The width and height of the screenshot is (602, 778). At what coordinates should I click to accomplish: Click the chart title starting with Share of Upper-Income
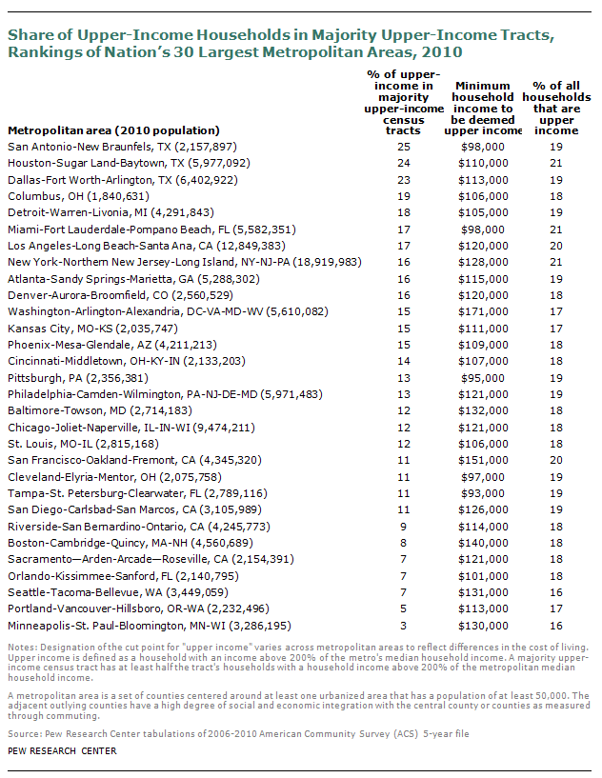pyautogui.click(x=281, y=44)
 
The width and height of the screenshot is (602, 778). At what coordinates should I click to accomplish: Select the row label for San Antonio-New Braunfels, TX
pyautogui.click(x=123, y=147)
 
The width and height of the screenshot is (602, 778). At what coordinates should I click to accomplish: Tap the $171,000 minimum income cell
pyautogui.click(x=483, y=311)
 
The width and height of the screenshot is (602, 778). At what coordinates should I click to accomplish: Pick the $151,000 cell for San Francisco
pyautogui.click(x=483, y=460)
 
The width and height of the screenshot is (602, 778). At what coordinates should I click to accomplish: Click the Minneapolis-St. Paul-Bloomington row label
pyautogui.click(x=150, y=626)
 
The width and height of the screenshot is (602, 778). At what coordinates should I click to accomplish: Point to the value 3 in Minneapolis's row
pyautogui.click(x=404, y=626)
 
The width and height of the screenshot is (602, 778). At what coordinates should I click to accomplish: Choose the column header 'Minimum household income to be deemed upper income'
pyautogui.click(x=483, y=109)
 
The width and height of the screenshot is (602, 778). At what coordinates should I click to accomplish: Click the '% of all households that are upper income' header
pyautogui.click(x=556, y=109)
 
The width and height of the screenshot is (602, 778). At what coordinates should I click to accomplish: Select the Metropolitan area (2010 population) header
pyautogui.click(x=113, y=130)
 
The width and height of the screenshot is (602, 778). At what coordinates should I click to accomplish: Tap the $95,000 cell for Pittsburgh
pyautogui.click(x=483, y=378)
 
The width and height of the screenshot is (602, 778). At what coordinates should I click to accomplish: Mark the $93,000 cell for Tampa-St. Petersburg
pyautogui.click(x=483, y=493)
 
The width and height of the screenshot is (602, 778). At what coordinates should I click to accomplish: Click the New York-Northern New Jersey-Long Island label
pyautogui.click(x=185, y=262)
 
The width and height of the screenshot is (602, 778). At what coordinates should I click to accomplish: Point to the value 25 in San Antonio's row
pyautogui.click(x=404, y=147)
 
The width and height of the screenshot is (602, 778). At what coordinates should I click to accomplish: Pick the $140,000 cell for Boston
pyautogui.click(x=483, y=543)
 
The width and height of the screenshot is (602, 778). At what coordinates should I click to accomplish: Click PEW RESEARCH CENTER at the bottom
pyautogui.click(x=62, y=751)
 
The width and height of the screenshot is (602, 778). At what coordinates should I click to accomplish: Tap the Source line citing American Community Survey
pyautogui.click(x=238, y=734)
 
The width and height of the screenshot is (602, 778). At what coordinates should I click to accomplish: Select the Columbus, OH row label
pyautogui.click(x=78, y=196)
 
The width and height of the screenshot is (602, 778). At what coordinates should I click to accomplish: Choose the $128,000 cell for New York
pyautogui.click(x=483, y=262)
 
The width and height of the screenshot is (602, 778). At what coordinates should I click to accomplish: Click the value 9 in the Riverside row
pyautogui.click(x=404, y=527)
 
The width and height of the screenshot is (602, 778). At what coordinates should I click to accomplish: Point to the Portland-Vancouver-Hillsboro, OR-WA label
pyautogui.click(x=138, y=608)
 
